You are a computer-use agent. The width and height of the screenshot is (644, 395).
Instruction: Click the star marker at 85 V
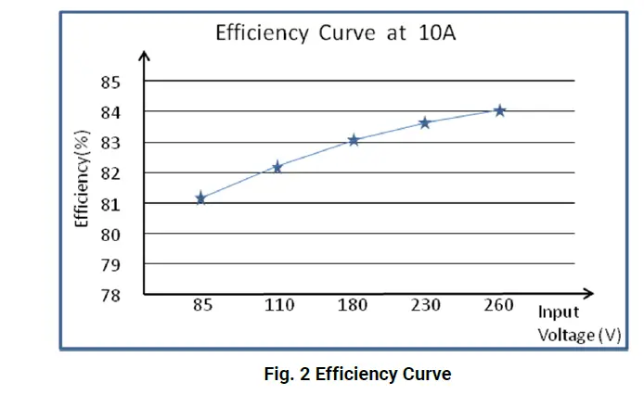[200, 197]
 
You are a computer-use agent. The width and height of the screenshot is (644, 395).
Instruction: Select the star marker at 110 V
[277, 167]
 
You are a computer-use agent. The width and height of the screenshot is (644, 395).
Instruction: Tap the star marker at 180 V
[354, 140]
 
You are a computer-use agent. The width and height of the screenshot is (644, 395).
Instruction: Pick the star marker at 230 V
[425, 122]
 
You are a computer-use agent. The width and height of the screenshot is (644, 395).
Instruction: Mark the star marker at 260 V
[499, 110]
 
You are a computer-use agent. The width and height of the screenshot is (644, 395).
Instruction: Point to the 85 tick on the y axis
[111, 82]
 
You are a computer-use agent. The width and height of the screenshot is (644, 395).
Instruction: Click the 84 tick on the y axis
[111, 112]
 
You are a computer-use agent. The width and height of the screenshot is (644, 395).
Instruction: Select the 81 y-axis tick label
[111, 204]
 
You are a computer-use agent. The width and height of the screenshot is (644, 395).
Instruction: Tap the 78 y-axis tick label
[111, 295]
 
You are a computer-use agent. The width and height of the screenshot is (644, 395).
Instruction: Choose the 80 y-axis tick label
[111, 235]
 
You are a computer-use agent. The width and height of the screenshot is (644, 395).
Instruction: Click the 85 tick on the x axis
[201, 306]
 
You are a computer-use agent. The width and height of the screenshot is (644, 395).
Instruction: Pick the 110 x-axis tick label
[277, 306]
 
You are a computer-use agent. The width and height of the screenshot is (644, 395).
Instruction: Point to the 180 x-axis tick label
[353, 306]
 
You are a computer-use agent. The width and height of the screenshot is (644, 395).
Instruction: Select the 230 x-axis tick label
[427, 306]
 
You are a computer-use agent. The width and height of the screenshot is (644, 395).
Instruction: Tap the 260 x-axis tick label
[498, 306]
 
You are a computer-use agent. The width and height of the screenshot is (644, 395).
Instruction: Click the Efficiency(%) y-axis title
[83, 180]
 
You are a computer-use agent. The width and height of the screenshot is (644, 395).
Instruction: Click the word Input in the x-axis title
[559, 312]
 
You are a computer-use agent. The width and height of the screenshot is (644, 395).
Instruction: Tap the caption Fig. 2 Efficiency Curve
[356, 375]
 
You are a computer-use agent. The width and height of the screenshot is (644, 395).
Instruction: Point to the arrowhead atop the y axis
[144, 56]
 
